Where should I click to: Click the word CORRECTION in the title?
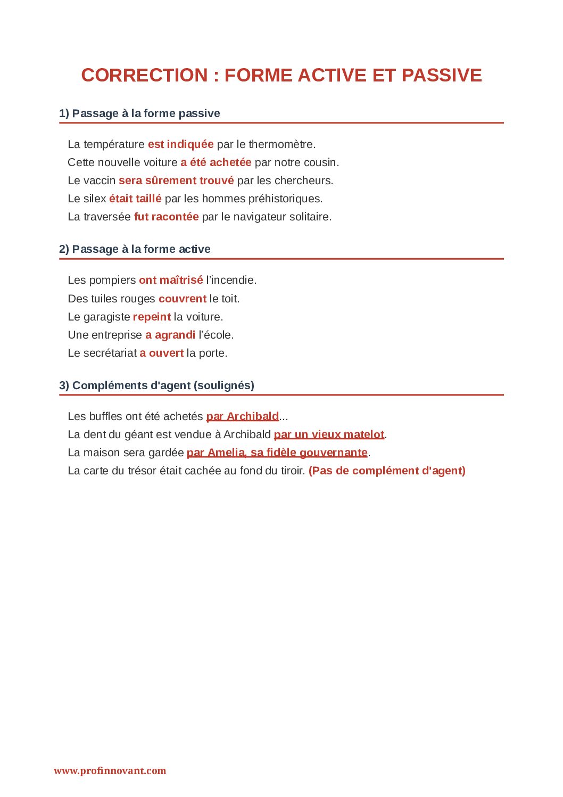144,75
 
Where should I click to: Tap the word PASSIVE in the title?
442,75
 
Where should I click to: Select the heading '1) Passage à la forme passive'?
139,113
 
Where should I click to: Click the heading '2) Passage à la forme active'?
135,249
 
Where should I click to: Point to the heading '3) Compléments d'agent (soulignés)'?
156,385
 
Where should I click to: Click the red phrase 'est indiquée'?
180,144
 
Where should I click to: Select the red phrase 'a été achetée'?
216,162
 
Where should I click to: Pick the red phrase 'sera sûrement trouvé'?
176,180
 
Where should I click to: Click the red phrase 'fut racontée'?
166,217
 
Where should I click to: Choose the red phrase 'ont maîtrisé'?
171,280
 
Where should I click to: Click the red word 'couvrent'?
182,299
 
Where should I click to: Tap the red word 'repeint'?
152,317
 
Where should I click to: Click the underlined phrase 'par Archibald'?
242,416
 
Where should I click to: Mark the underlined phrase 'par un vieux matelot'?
329,434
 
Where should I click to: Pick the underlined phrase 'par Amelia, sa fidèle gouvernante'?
277,453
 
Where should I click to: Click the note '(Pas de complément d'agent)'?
387,471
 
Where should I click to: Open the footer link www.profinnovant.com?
110,770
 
